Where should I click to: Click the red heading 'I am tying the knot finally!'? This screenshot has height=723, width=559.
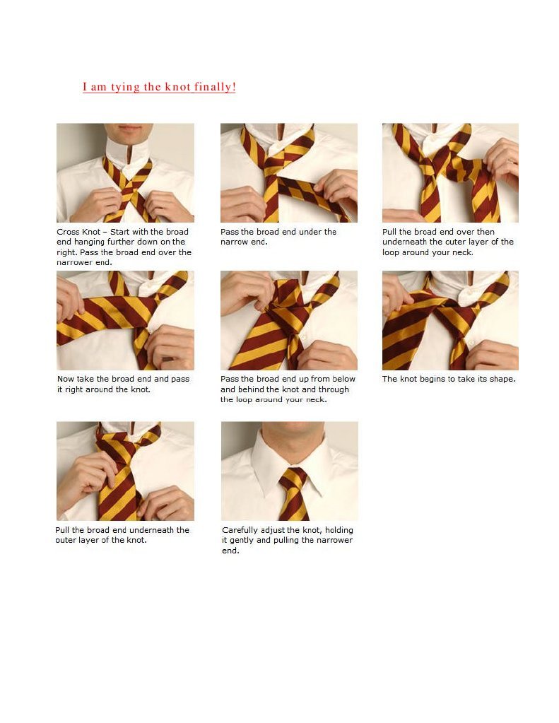click(159, 87)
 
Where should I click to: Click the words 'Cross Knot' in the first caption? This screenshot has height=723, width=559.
click(78, 232)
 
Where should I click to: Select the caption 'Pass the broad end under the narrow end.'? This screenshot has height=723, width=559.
click(278, 237)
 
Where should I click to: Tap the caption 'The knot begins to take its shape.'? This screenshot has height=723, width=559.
click(449, 379)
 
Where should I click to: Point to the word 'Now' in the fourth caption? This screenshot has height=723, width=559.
click(66, 379)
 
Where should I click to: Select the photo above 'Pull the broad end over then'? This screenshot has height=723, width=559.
click(450, 173)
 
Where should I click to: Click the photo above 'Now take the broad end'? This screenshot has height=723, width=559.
click(126, 320)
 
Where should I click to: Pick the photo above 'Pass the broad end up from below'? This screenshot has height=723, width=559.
click(289, 320)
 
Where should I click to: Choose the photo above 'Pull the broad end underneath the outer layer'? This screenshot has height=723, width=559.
click(126, 471)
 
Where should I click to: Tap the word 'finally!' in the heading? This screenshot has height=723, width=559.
click(215, 87)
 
